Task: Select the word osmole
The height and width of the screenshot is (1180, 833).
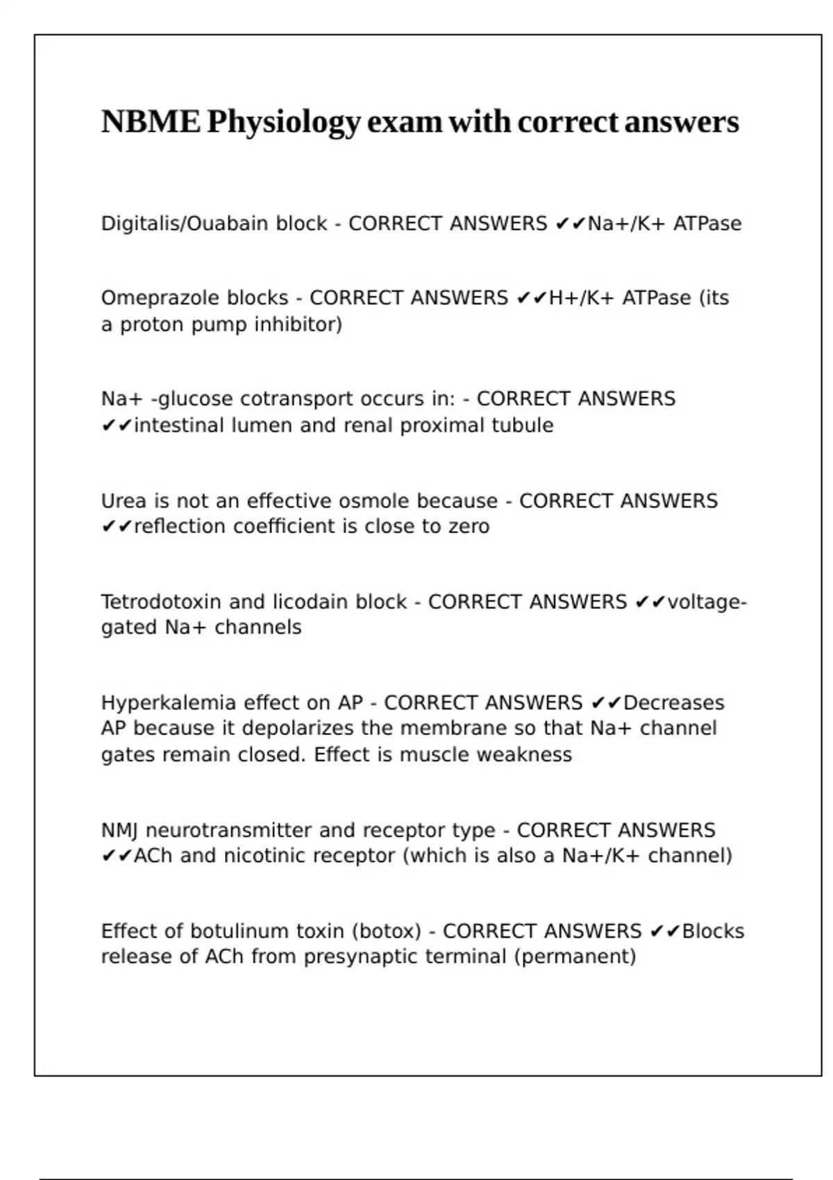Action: point(375,500)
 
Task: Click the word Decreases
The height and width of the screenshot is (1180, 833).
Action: point(673,702)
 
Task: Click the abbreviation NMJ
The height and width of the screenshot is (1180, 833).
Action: point(119,830)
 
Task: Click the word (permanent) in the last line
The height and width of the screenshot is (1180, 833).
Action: point(575,956)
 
